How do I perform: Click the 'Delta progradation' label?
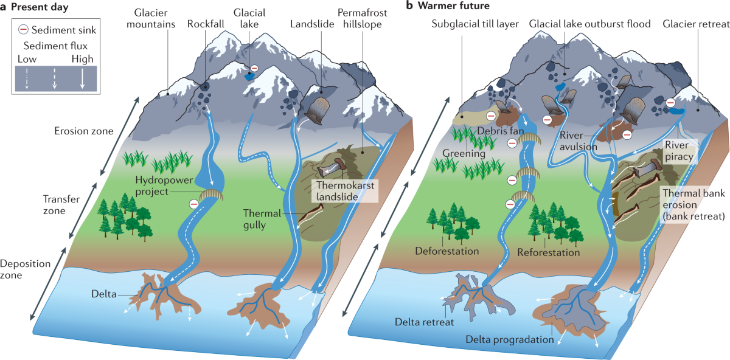510,339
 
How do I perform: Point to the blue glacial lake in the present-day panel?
248,77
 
